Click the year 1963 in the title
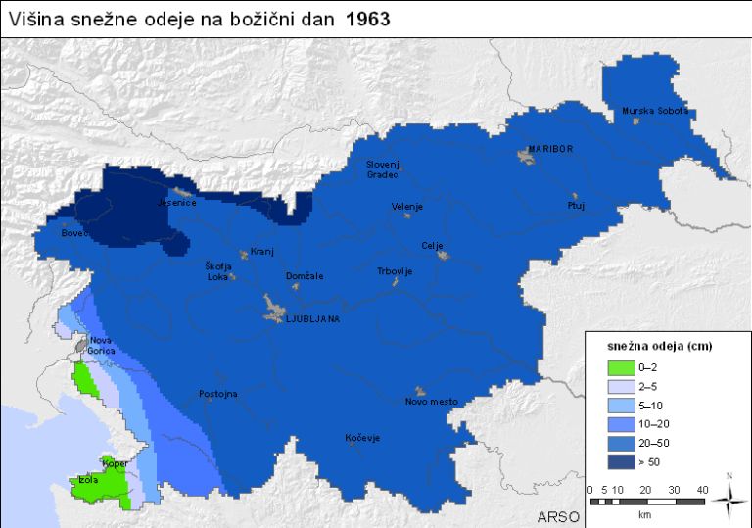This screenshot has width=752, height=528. tap(368, 20)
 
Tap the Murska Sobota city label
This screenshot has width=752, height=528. tap(655, 111)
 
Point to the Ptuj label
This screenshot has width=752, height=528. tap(575, 206)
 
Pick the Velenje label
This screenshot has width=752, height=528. tap(406, 208)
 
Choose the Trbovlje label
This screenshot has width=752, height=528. tap(396, 271)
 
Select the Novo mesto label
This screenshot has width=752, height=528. tap(431, 402)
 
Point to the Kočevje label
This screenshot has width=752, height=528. tap(362, 438)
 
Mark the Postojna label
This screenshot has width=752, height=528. tap(217, 394)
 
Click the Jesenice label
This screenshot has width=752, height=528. tap(177, 203)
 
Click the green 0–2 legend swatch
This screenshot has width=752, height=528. tap(620, 368)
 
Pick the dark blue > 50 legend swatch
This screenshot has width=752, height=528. tap(620, 461)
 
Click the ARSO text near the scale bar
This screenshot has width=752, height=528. tap(559, 516)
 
